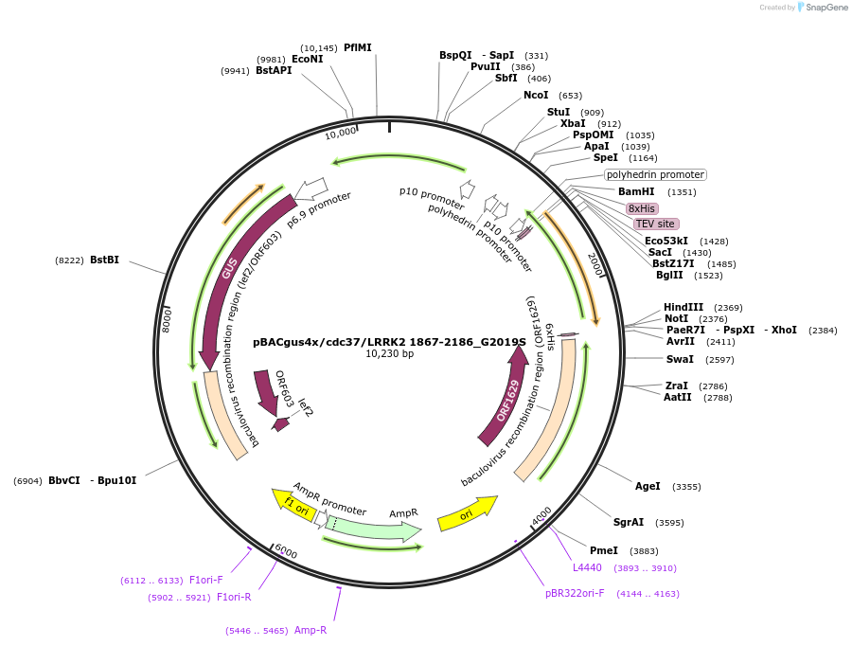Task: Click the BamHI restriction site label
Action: tap(636, 191)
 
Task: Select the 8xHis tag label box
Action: tap(642, 208)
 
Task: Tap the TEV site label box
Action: tap(655, 224)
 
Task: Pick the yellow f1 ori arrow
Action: tap(295, 504)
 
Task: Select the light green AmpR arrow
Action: tap(374, 527)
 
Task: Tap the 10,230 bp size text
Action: tap(389, 354)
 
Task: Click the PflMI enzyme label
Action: tap(358, 47)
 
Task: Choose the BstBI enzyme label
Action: tap(104, 260)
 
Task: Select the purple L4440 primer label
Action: tap(587, 567)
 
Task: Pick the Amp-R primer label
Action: tap(311, 630)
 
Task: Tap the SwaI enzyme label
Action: tap(680, 359)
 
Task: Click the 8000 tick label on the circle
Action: tap(168, 318)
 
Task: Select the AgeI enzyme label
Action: tap(648, 486)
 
